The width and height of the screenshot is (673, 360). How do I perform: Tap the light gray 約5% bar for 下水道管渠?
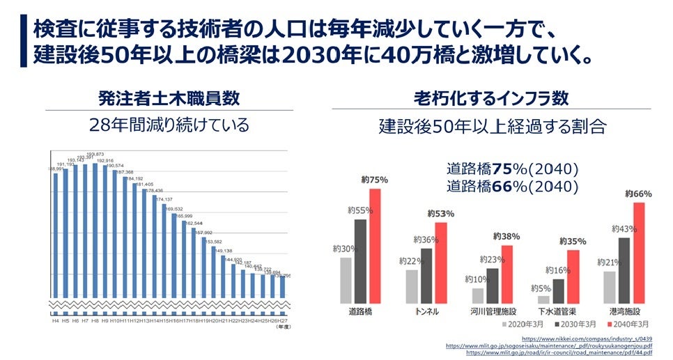click(x=544, y=299)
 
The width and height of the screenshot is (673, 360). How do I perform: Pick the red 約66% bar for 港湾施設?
click(x=639, y=252)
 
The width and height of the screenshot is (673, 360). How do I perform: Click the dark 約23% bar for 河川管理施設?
click(x=492, y=285)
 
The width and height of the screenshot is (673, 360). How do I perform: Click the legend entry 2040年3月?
click(x=631, y=324)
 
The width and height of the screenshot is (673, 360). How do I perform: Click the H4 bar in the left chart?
click(x=56, y=237)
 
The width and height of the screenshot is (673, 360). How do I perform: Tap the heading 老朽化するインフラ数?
click(x=491, y=98)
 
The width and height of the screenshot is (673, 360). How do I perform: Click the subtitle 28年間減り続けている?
click(x=169, y=125)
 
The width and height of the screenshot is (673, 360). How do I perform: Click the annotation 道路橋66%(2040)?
click(x=513, y=186)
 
